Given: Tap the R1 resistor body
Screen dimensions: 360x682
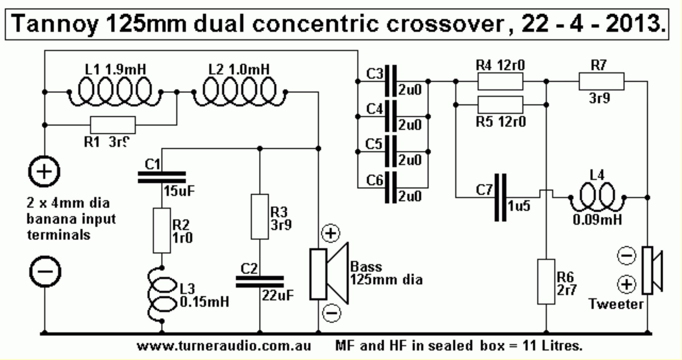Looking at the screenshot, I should (113, 125).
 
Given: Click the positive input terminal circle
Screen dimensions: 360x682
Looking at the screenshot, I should (44, 171).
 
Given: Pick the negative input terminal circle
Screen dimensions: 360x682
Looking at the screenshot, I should (45, 271).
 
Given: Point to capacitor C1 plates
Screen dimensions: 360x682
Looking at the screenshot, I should (162, 177).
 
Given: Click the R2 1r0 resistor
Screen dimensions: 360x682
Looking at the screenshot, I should (162, 230).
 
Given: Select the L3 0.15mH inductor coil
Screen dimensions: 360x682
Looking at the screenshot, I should (162, 294).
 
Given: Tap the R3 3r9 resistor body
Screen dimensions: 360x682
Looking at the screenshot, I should (260, 217).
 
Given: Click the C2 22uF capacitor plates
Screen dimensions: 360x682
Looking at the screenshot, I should (260, 282).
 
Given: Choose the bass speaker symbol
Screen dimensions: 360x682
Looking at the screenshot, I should (329, 274).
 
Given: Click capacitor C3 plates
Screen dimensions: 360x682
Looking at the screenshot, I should (391, 81).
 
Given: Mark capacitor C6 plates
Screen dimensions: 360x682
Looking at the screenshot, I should (391, 188).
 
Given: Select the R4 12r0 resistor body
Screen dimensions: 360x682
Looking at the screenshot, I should (500, 81).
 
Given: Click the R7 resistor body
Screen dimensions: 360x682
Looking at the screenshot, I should (601, 81).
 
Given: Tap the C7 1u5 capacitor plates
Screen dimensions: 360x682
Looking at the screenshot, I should (500, 198).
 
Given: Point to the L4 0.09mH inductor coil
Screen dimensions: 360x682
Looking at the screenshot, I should (597, 197).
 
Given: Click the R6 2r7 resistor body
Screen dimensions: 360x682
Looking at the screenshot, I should (546, 281).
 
